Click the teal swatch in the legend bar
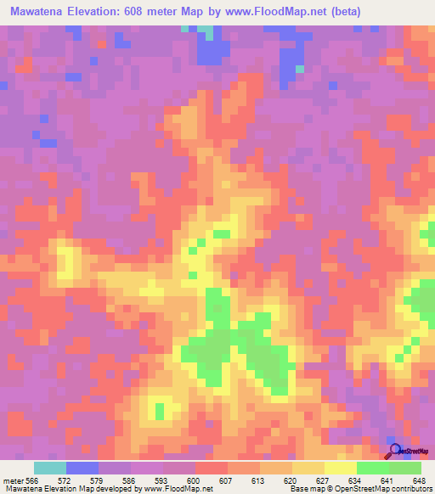point(50,468)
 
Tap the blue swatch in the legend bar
point(82,468)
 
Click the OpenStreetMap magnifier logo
point(395,451)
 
